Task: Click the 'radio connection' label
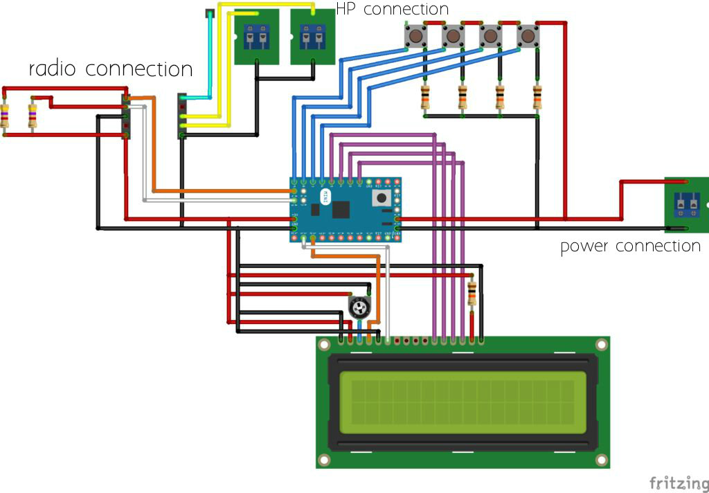[110, 69]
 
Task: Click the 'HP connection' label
[392, 9]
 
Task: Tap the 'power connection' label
[630, 246]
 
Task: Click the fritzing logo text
[679, 482]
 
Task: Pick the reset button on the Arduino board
[380, 199]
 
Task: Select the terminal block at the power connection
[687, 204]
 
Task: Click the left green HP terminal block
[257, 36]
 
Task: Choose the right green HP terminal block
[312, 36]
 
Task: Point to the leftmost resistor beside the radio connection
[6, 116]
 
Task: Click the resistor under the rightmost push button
[537, 98]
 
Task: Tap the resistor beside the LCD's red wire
[472, 293]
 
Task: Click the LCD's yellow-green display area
[463, 402]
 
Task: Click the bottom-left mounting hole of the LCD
[324, 460]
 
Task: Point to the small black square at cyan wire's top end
[210, 14]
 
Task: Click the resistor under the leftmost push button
[425, 98]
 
